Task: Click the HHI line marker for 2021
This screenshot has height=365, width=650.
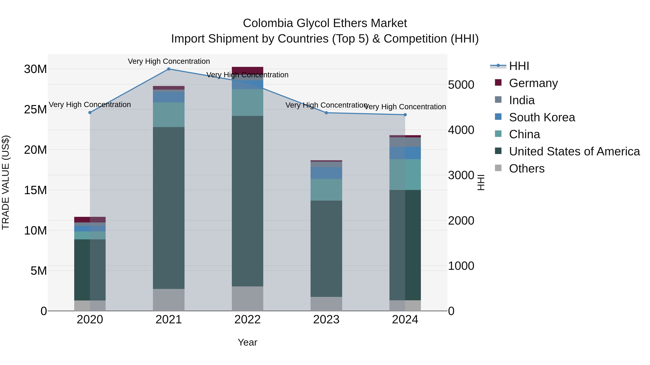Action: click(169, 69)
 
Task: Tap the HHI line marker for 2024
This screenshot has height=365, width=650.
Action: click(405, 115)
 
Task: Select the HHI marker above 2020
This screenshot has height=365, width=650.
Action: click(90, 112)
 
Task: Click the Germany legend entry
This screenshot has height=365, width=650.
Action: click(533, 83)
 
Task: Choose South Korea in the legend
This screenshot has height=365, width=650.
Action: click(542, 117)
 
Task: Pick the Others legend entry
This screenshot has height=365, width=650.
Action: click(527, 168)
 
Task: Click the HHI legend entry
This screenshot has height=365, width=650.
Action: click(519, 66)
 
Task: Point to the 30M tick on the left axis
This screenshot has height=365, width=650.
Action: click(35, 69)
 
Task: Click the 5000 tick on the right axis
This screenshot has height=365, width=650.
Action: click(461, 85)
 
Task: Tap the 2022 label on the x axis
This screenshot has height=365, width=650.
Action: click(247, 319)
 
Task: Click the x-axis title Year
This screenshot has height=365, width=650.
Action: click(247, 342)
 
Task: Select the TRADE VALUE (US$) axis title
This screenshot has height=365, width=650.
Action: click(6, 182)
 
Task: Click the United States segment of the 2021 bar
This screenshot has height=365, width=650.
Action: click(169, 208)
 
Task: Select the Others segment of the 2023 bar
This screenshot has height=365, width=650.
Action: click(326, 304)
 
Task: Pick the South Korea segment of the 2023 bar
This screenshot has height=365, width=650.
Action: click(326, 173)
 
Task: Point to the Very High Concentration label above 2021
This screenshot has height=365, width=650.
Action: click(169, 61)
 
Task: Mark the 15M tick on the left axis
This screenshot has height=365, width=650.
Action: click(35, 190)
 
